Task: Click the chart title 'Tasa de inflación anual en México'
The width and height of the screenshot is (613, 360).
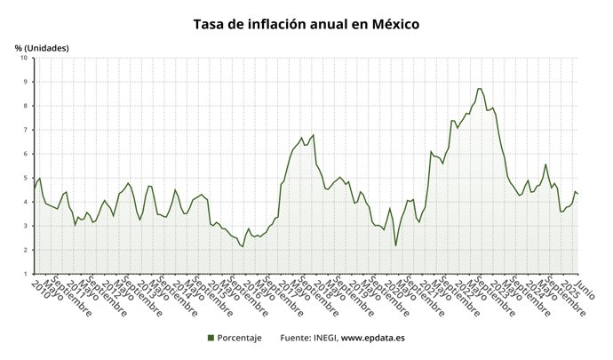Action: point(306,24)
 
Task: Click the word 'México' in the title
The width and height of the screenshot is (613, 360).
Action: point(395,24)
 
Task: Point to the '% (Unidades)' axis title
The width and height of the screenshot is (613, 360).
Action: point(42,47)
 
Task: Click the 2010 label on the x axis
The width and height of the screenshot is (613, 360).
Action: point(38,287)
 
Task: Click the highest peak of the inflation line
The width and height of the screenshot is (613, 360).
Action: point(480,88)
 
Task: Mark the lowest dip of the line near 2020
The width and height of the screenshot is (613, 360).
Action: point(395,245)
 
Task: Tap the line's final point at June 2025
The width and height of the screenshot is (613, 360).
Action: point(579,194)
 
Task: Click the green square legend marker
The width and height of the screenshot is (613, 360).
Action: point(211,338)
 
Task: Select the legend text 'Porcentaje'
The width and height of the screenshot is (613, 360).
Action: point(240,338)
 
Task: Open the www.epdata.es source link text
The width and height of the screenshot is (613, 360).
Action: point(374,338)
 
